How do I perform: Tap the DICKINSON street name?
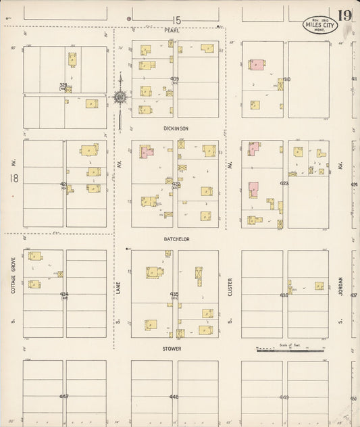click(175, 128)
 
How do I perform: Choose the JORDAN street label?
click(341, 286)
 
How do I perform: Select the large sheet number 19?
click(344, 15)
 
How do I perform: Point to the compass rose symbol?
click(120, 98)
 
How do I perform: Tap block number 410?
click(286, 79)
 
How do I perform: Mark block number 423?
click(284, 183)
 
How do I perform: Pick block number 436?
click(284, 295)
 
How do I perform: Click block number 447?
click(64, 397)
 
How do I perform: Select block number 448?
click(174, 397)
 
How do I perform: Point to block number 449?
click(284, 397)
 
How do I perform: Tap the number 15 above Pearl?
click(177, 21)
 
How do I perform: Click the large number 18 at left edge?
click(12, 178)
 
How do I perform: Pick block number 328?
click(63, 85)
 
